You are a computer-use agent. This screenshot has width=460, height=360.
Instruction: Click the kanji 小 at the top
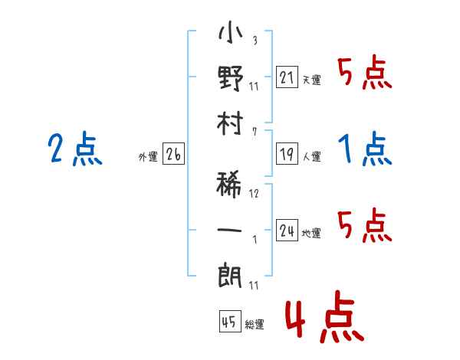pyautogui.click(x=230, y=32)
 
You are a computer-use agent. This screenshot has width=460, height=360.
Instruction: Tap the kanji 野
pyautogui.click(x=230, y=78)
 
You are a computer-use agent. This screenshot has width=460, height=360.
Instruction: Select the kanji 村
pyautogui.click(x=230, y=123)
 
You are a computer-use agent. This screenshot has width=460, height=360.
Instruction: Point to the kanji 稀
pyautogui.click(x=229, y=185)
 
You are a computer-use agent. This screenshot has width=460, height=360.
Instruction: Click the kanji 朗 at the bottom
pyautogui.click(x=230, y=276)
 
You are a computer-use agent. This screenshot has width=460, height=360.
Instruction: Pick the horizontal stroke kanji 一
pyautogui.click(x=229, y=230)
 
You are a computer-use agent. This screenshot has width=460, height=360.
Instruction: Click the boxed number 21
pyautogui.click(x=287, y=77)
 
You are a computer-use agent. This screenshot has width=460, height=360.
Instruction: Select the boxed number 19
pyautogui.click(x=287, y=154)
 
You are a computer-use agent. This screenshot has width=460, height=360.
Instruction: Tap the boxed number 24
pyautogui.click(x=287, y=230)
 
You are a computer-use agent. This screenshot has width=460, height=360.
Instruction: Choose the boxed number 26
pyautogui.click(x=173, y=154)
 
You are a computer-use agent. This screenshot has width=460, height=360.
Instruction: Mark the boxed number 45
pyautogui.click(x=230, y=322)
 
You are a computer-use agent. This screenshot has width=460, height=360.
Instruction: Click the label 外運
pyautogui.click(x=148, y=157)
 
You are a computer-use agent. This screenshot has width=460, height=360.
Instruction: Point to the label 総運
pyautogui.click(x=254, y=325)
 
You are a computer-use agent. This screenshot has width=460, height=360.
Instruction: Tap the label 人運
pyautogui.click(x=312, y=156)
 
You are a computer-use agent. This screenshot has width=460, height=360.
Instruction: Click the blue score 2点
pyautogui.click(x=75, y=149)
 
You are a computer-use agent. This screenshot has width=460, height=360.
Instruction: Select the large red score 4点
pyautogui.click(x=325, y=316)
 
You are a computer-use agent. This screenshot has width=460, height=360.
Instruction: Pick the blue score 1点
pyautogui.click(x=365, y=149)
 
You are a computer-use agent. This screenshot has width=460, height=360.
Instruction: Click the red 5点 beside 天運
pyautogui.click(x=365, y=72)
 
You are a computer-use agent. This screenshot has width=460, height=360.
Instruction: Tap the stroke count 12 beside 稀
pyautogui.click(x=254, y=194)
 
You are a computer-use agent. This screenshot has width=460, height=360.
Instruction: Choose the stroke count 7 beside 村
pyautogui.click(x=255, y=132)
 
